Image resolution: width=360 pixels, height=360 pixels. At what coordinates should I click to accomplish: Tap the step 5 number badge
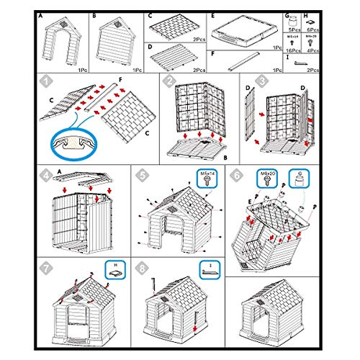click(x=143, y=174)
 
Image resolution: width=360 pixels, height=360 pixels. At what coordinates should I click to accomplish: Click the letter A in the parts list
click(x=41, y=14)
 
